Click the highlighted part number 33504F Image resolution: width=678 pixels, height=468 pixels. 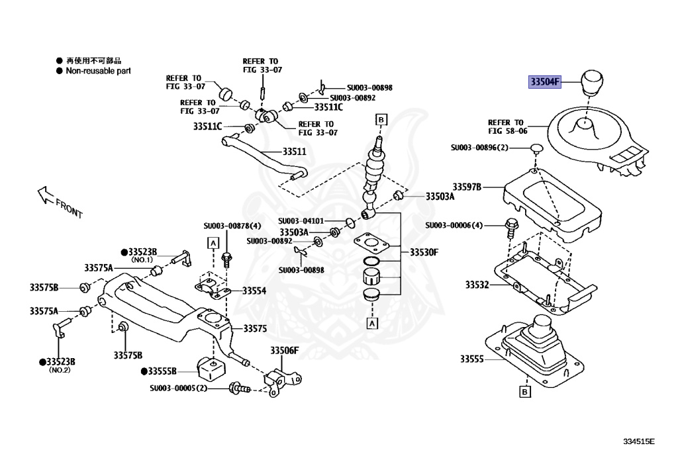(544, 82)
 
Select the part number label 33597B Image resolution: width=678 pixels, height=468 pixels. (467, 187)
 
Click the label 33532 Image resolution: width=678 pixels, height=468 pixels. (476, 285)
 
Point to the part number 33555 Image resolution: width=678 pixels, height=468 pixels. (473, 359)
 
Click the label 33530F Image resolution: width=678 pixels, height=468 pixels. (424, 252)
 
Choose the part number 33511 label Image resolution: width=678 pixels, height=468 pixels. (295, 152)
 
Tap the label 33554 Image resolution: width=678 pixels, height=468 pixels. (254, 290)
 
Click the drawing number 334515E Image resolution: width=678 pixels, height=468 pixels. (638, 442)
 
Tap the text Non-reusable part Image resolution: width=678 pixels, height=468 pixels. (97, 70)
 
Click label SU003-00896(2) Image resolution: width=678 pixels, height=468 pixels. (479, 148)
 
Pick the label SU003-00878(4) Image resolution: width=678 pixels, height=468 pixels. (232, 226)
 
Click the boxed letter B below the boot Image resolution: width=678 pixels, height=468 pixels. (524, 393)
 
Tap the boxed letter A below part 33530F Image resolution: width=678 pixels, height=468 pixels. (372, 323)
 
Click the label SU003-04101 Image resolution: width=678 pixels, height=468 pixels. (301, 220)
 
